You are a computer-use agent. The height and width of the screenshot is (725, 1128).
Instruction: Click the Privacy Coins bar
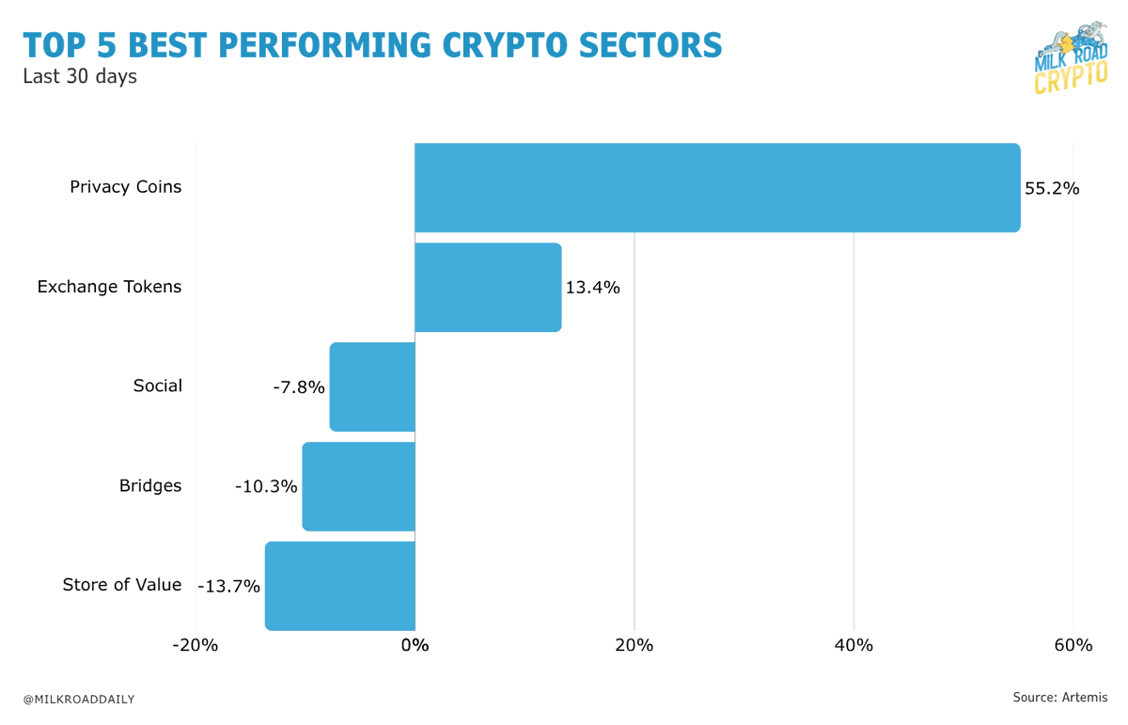point(717,187)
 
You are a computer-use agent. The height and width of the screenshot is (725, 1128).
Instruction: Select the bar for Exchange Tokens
point(488,287)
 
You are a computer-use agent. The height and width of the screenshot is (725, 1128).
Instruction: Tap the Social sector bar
point(372,386)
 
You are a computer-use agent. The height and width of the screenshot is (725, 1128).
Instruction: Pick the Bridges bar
point(358,486)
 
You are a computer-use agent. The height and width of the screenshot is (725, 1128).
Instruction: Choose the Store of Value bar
point(339,585)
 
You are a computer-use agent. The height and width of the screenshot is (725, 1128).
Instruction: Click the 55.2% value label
point(1052,188)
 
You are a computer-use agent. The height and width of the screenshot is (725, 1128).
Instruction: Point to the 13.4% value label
point(592,288)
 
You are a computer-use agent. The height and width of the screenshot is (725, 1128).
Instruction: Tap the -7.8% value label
point(298,386)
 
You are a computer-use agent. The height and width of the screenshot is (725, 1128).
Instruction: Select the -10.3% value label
point(266,486)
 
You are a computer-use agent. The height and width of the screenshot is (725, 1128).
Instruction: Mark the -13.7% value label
point(228,586)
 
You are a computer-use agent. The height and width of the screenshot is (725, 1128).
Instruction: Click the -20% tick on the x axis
point(195,646)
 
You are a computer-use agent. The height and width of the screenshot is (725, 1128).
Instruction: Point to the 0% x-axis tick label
point(415,646)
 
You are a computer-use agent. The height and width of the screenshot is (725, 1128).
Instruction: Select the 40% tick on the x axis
point(854,646)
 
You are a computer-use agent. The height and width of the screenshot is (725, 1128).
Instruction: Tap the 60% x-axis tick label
point(1073,646)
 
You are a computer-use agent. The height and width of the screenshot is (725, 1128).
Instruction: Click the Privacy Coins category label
point(126,187)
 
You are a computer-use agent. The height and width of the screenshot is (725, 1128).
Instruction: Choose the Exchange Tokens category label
point(109,287)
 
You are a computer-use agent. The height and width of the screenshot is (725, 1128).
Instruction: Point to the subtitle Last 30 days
point(80,76)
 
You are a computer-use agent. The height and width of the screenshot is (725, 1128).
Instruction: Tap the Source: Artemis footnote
point(1059,697)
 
